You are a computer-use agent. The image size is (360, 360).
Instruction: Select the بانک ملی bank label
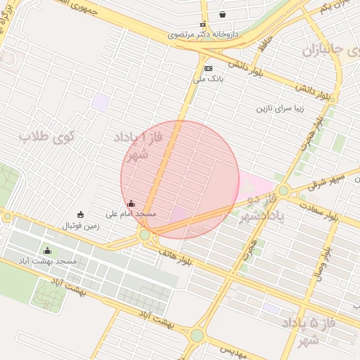[208, 79]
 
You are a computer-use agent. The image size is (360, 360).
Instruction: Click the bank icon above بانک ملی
[208, 68]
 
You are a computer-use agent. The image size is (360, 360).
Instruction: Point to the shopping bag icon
[223, 14]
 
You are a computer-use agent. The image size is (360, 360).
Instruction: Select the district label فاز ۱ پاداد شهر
[133, 145]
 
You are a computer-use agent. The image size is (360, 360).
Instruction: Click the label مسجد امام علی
[131, 213]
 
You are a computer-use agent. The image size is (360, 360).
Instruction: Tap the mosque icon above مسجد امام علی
[131, 204]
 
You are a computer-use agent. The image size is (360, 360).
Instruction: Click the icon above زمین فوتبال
[79, 214]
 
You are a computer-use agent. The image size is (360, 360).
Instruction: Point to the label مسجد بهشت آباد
[48, 261]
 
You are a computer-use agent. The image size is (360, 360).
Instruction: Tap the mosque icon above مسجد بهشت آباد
[48, 251]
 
